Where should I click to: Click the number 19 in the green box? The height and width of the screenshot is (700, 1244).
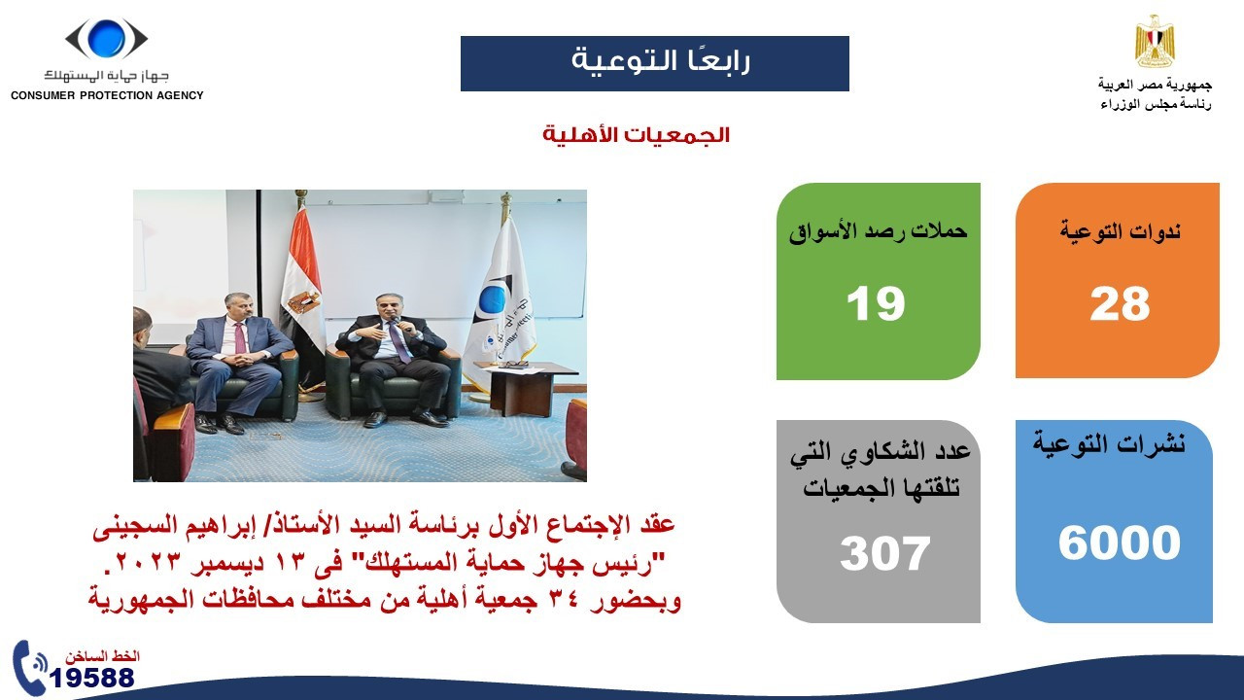[875, 304]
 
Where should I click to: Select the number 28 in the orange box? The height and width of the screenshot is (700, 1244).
[1120, 304]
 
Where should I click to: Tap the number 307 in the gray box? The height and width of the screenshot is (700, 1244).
[884, 553]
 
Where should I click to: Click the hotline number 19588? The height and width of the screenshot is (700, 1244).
[92, 678]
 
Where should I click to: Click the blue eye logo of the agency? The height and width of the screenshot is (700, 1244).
[106, 39]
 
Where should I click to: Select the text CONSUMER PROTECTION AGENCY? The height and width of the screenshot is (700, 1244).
[107, 95]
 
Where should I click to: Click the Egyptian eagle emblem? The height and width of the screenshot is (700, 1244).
[1155, 42]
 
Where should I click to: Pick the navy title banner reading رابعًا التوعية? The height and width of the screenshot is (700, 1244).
[654, 63]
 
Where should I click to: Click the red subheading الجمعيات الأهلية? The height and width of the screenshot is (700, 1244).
[636, 135]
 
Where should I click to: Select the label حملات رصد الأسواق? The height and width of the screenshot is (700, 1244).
[878, 231]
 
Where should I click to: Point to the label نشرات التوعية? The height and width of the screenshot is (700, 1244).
[1109, 444]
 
